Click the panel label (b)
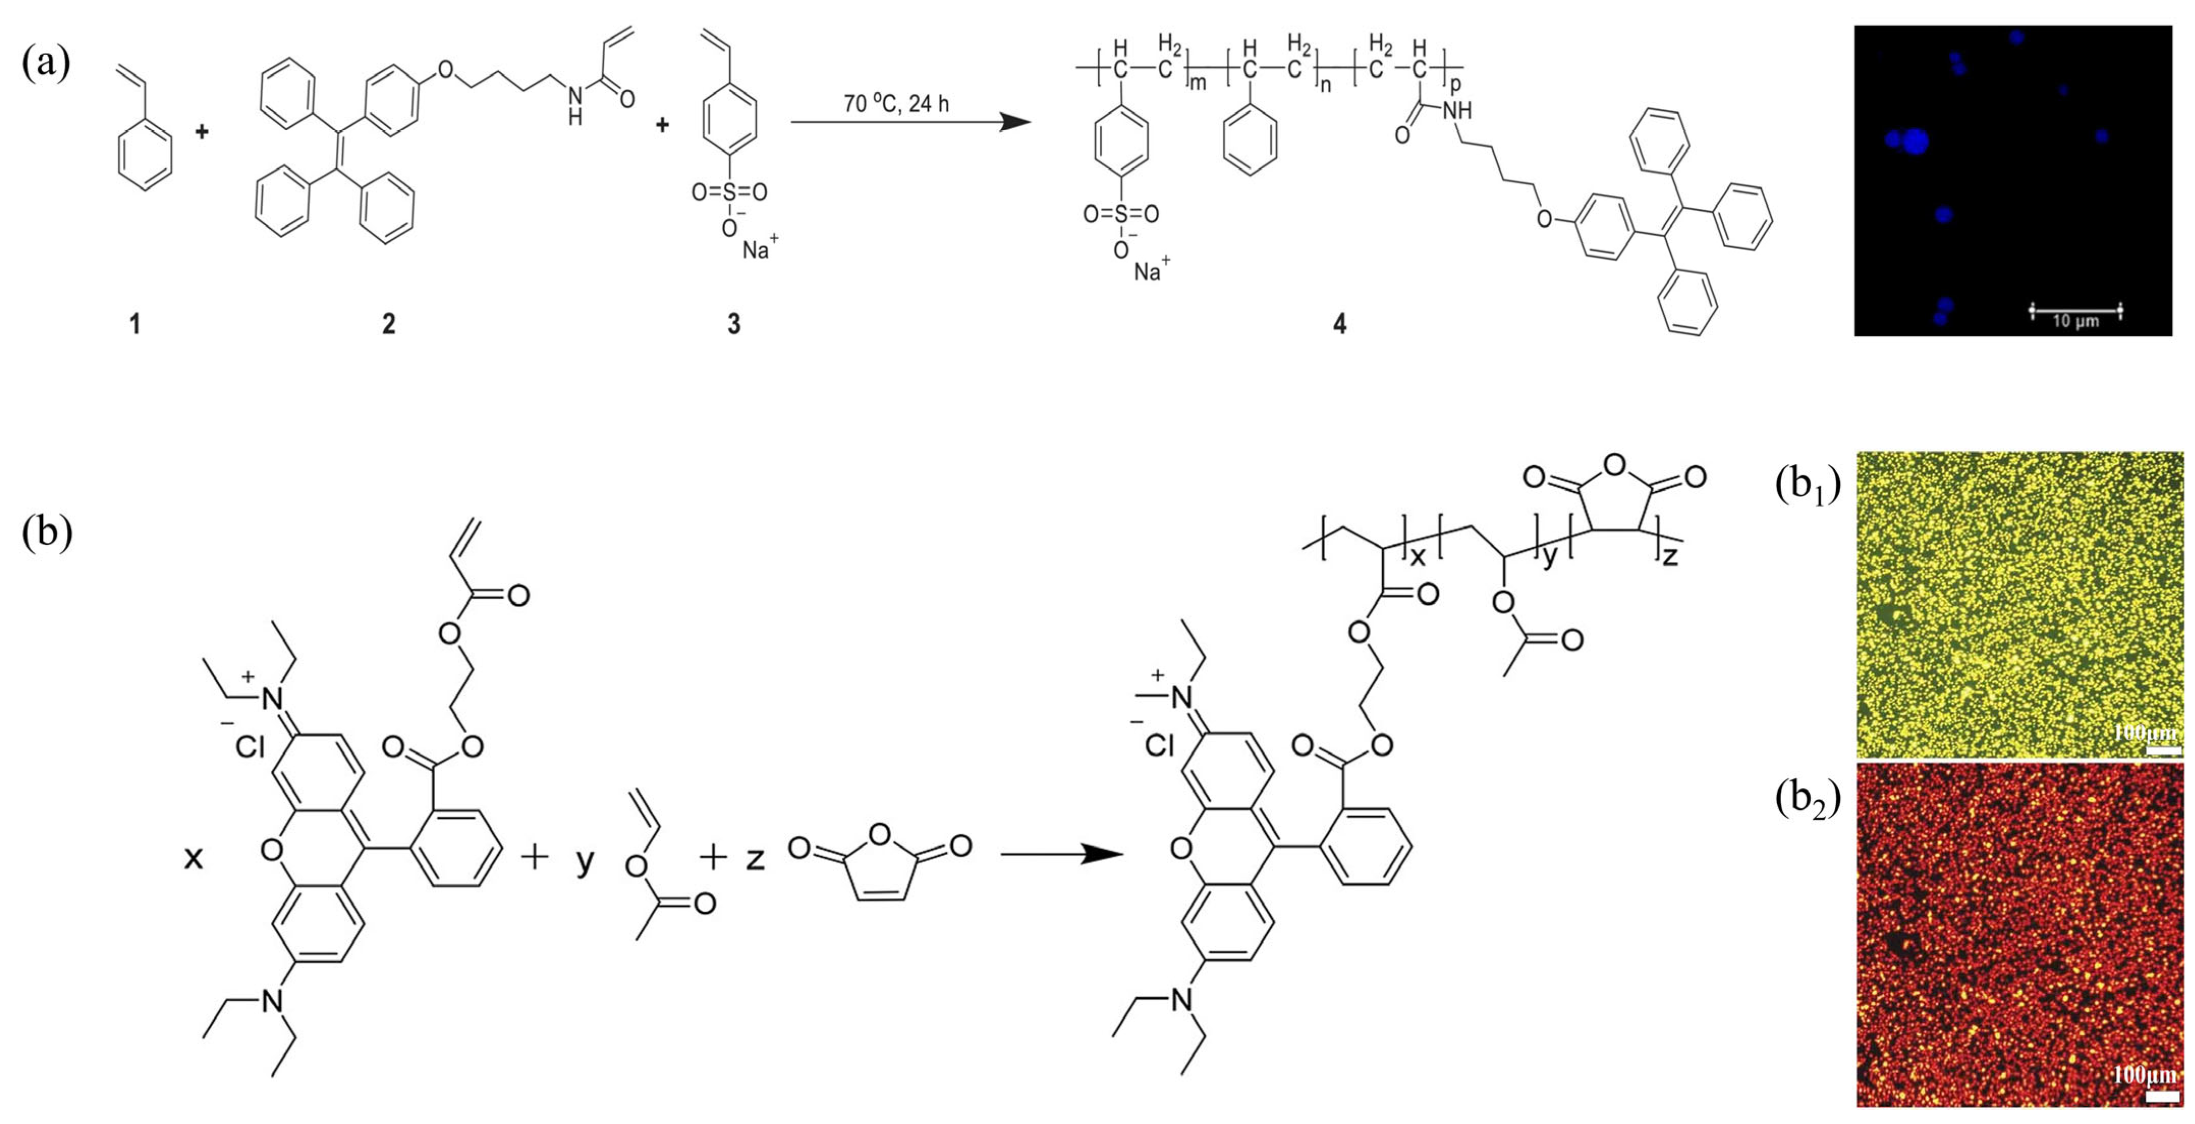[x=47, y=532]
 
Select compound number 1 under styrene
[x=135, y=324]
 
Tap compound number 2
[x=388, y=324]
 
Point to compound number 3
[x=734, y=324]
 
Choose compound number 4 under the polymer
[x=1339, y=324]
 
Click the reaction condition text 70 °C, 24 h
[x=896, y=104]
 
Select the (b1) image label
[x=1807, y=486]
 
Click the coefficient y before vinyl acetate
[x=585, y=861]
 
